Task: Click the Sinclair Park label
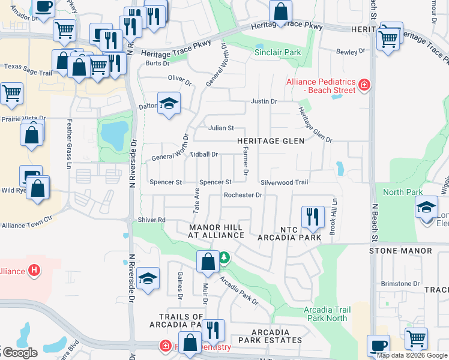[x=277, y=53]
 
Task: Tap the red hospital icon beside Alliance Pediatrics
[x=364, y=85]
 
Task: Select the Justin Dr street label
[x=264, y=101]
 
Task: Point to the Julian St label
[x=220, y=128]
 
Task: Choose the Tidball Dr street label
[x=203, y=154]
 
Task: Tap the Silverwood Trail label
[x=284, y=182]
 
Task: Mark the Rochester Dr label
[x=243, y=195]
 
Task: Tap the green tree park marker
[x=224, y=257]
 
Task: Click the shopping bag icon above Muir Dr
[x=208, y=262]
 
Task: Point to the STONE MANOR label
[x=400, y=250]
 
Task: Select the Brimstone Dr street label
[x=400, y=283]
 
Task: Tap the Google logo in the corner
[x=20, y=353]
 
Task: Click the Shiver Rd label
[x=152, y=220]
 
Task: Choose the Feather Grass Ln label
[x=70, y=144]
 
